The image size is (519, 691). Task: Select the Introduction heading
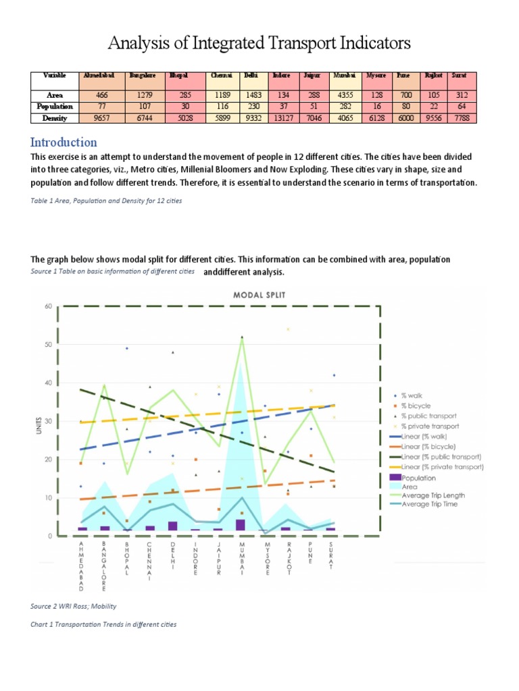click(64, 142)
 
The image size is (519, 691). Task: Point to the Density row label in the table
click(54, 118)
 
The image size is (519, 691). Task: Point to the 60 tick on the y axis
click(48, 306)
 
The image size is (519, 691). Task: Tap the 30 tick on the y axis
click(48, 422)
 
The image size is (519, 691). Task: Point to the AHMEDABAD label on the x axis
click(82, 565)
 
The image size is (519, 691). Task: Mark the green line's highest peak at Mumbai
click(242, 337)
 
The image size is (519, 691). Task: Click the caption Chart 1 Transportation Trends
click(103, 624)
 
